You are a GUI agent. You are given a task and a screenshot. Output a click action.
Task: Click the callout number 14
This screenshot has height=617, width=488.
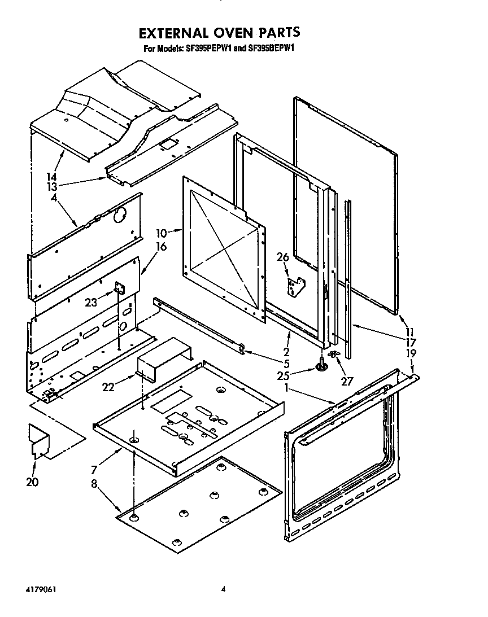click(x=52, y=176)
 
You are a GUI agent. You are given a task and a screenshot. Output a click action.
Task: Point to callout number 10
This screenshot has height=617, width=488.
click(x=162, y=233)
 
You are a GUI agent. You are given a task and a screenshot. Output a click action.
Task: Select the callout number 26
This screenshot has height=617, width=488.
click(x=282, y=257)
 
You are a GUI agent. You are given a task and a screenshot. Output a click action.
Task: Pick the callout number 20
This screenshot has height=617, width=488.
click(x=32, y=482)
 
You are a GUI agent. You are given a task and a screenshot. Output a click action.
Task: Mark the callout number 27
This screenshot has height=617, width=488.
click(x=347, y=382)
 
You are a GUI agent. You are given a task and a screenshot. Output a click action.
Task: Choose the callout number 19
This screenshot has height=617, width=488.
click(x=411, y=353)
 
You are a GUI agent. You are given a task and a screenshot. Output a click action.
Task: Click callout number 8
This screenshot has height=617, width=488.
click(x=94, y=484)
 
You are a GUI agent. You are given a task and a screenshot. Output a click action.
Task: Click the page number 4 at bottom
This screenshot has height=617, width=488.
click(x=224, y=589)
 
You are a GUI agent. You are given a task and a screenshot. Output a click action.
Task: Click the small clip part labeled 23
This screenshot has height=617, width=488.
click(x=119, y=288)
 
